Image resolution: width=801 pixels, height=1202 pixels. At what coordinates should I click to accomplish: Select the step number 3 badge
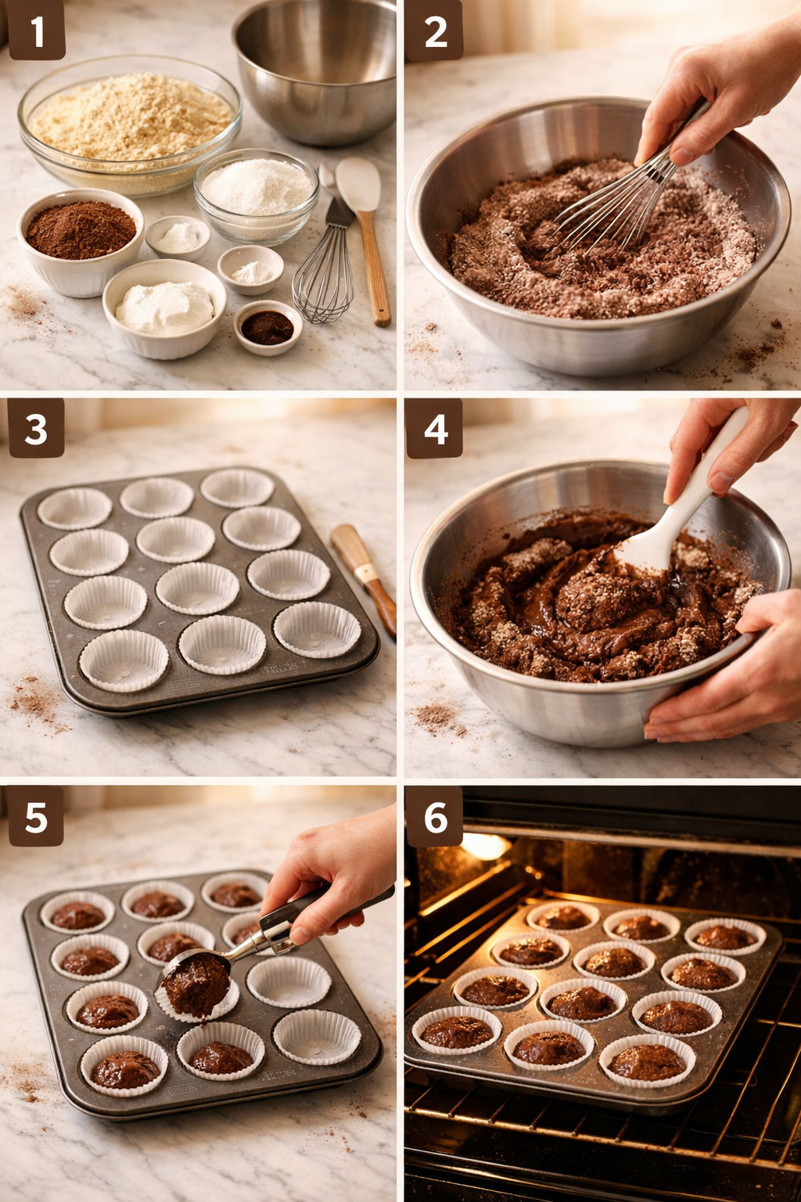point(36,429)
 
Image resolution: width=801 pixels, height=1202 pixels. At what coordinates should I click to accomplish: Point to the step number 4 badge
point(435,429)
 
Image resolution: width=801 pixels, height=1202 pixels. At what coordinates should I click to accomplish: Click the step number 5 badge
point(36,818)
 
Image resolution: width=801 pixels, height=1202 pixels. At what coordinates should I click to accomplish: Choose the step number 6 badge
point(435,818)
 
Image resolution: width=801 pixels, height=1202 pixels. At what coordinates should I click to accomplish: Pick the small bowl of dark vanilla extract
point(268,327)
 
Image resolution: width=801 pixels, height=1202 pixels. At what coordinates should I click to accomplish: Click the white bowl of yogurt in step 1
point(164,307)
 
